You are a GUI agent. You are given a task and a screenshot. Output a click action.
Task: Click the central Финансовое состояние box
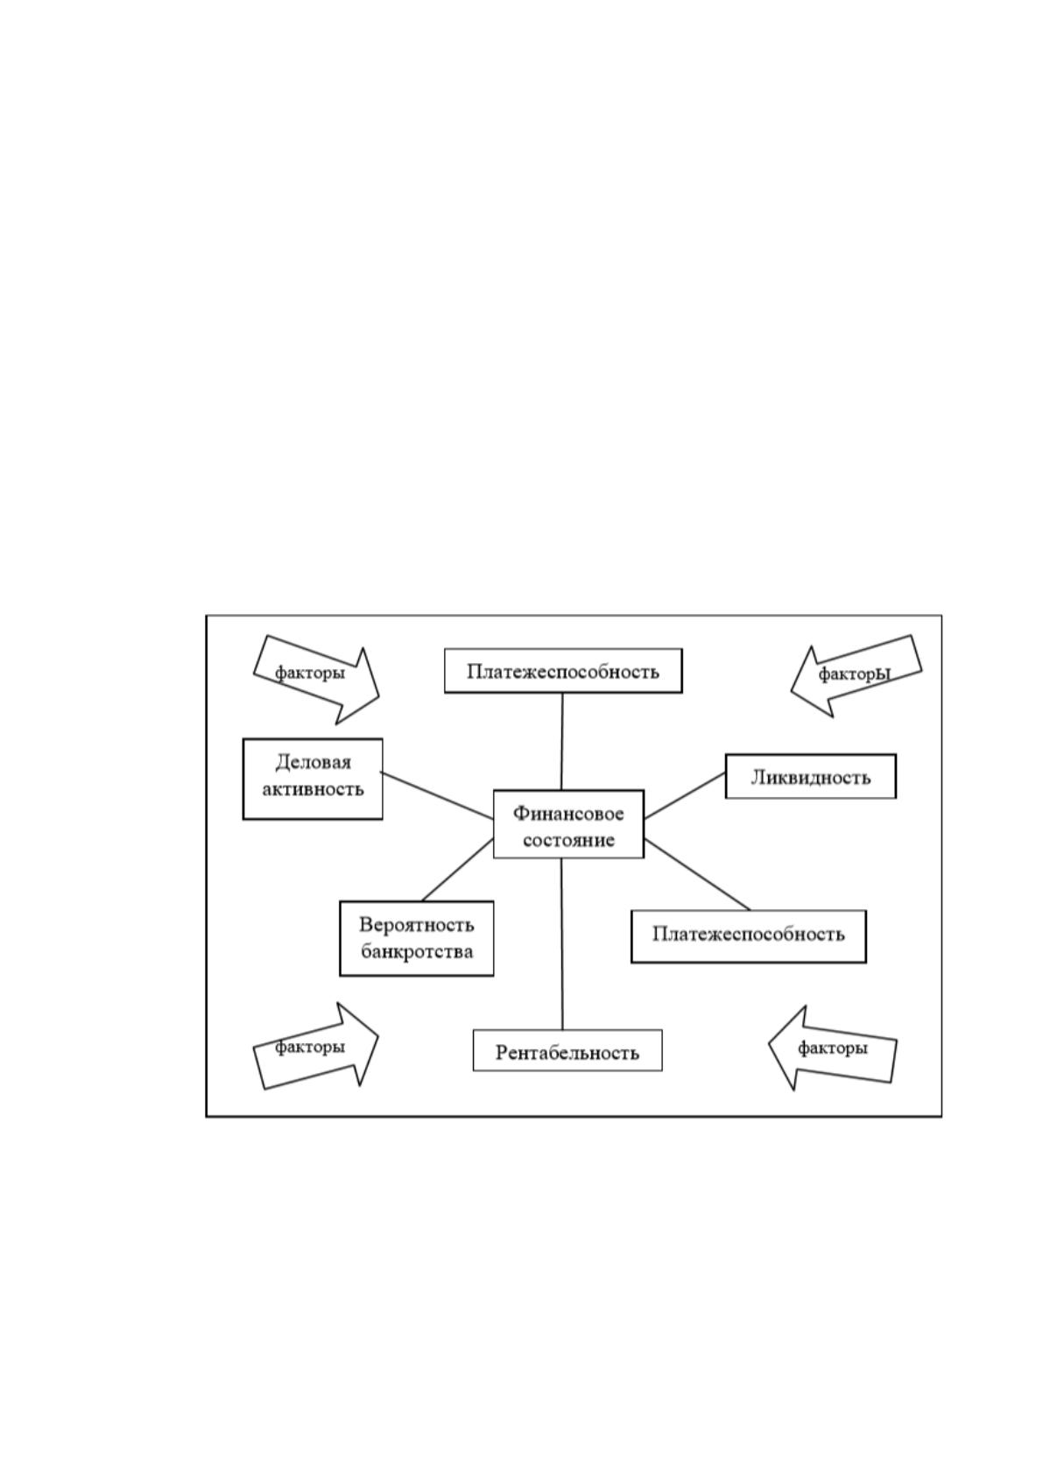pyautogui.click(x=568, y=823)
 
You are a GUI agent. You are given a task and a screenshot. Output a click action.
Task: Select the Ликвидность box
pyautogui.click(x=811, y=776)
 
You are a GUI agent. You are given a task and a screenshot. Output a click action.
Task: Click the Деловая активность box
pyautogui.click(x=313, y=779)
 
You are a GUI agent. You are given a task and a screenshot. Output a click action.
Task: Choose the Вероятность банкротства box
pyautogui.click(x=417, y=938)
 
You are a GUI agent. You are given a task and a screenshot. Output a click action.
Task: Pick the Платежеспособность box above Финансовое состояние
pyautogui.click(x=563, y=670)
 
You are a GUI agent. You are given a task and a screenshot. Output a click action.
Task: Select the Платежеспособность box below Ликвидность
pyautogui.click(x=749, y=936)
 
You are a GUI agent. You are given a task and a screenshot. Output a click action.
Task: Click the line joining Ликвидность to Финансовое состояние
pyautogui.click(x=685, y=795)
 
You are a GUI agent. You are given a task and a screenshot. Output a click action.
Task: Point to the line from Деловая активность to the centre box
pyautogui.click(x=437, y=796)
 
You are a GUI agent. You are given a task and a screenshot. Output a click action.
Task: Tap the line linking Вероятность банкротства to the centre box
pyautogui.click(x=458, y=869)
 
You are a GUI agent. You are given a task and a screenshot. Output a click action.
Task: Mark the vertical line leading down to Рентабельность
pyautogui.click(x=561, y=943)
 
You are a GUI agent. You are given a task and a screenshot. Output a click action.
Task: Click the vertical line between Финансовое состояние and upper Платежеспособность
pyautogui.click(x=561, y=742)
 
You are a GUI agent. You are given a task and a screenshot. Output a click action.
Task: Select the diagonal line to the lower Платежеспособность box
pyautogui.click(x=697, y=874)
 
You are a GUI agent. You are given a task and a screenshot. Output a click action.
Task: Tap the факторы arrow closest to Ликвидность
pyautogui.click(x=855, y=675)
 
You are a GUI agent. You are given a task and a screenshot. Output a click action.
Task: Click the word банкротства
pyautogui.click(x=417, y=951)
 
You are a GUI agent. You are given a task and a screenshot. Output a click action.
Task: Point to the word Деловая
pyautogui.click(x=314, y=763)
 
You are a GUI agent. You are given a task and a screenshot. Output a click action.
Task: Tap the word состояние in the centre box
pyautogui.click(x=568, y=840)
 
